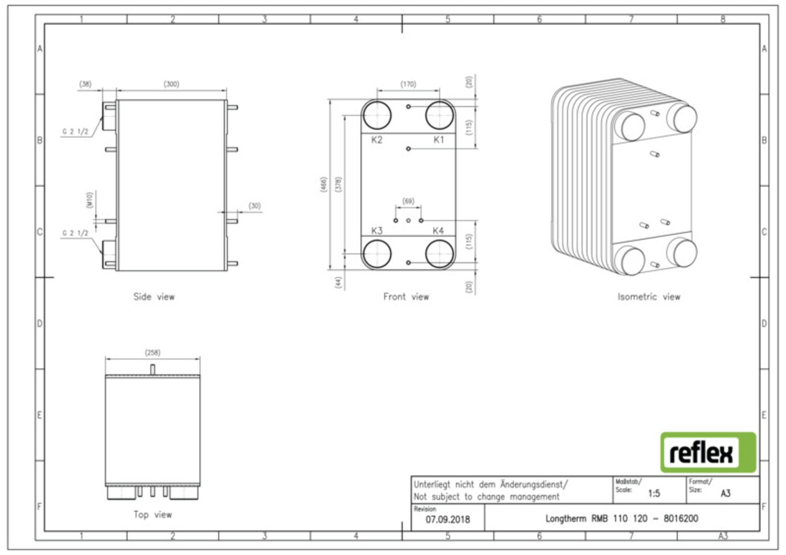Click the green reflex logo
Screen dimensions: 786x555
click(x=708, y=452)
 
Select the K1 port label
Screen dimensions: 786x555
click(x=439, y=140)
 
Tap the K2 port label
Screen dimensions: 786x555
click(x=377, y=140)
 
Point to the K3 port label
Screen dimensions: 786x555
click(x=377, y=231)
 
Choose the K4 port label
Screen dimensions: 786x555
click(x=438, y=231)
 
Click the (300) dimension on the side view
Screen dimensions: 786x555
click(x=171, y=84)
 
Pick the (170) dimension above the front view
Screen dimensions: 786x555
click(x=408, y=84)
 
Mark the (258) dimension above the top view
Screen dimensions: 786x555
click(x=152, y=353)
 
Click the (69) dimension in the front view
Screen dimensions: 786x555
click(x=408, y=201)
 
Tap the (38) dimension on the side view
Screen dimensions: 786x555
click(x=85, y=84)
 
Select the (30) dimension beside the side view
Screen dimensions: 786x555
click(x=255, y=206)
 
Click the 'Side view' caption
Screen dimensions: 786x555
click(x=154, y=297)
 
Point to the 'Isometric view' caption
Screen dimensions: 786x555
click(x=649, y=297)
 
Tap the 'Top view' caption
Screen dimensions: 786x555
click(x=152, y=515)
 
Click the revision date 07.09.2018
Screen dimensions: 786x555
click(x=447, y=519)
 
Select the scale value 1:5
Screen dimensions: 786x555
click(x=654, y=494)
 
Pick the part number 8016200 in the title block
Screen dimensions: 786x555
click(x=681, y=518)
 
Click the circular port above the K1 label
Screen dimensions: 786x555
click(x=439, y=115)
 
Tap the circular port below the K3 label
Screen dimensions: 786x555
click(x=377, y=254)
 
